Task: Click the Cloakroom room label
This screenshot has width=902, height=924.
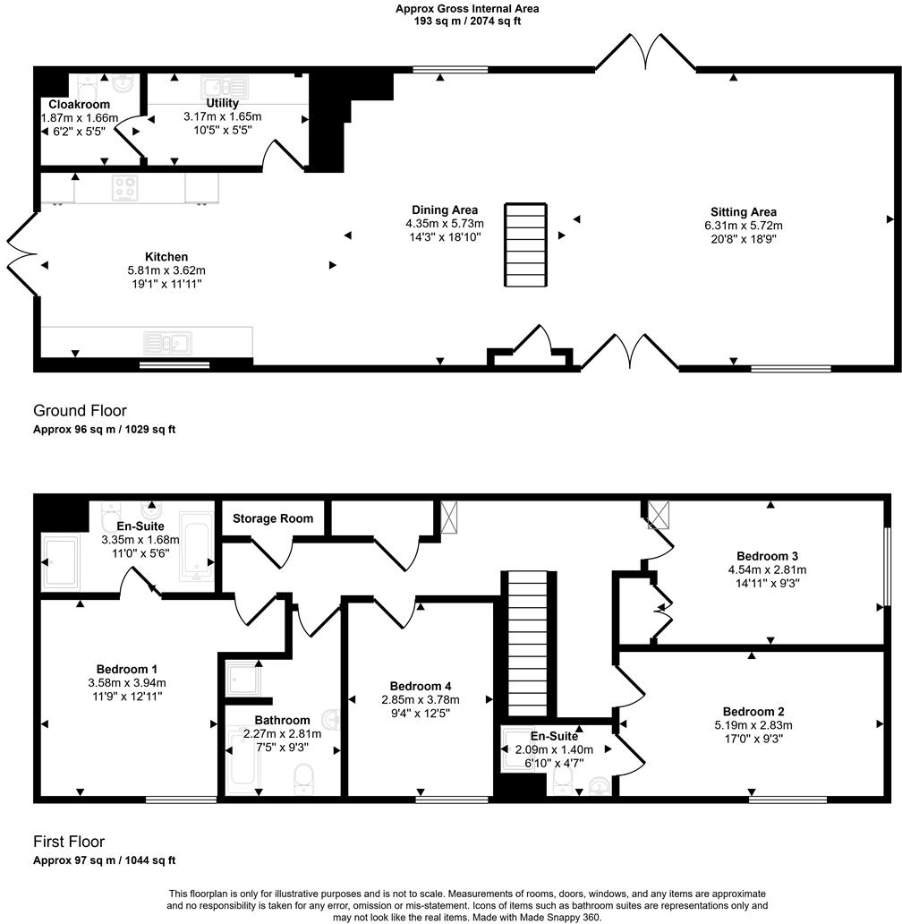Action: (80, 105)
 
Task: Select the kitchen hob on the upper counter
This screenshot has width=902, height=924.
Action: (123, 187)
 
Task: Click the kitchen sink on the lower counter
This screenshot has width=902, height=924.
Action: (167, 342)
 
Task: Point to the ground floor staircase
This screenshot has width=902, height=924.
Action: (525, 244)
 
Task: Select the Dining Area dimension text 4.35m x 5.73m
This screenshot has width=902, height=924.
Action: (445, 224)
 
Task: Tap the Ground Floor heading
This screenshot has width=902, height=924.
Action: (80, 411)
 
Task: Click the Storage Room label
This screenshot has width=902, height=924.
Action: (273, 518)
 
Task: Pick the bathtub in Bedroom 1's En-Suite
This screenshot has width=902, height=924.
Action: (197, 546)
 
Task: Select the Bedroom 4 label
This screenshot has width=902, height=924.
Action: (420, 687)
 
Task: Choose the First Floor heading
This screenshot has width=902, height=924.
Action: (69, 842)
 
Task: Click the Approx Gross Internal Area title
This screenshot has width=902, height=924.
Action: (467, 9)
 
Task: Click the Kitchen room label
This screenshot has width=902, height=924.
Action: (167, 257)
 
